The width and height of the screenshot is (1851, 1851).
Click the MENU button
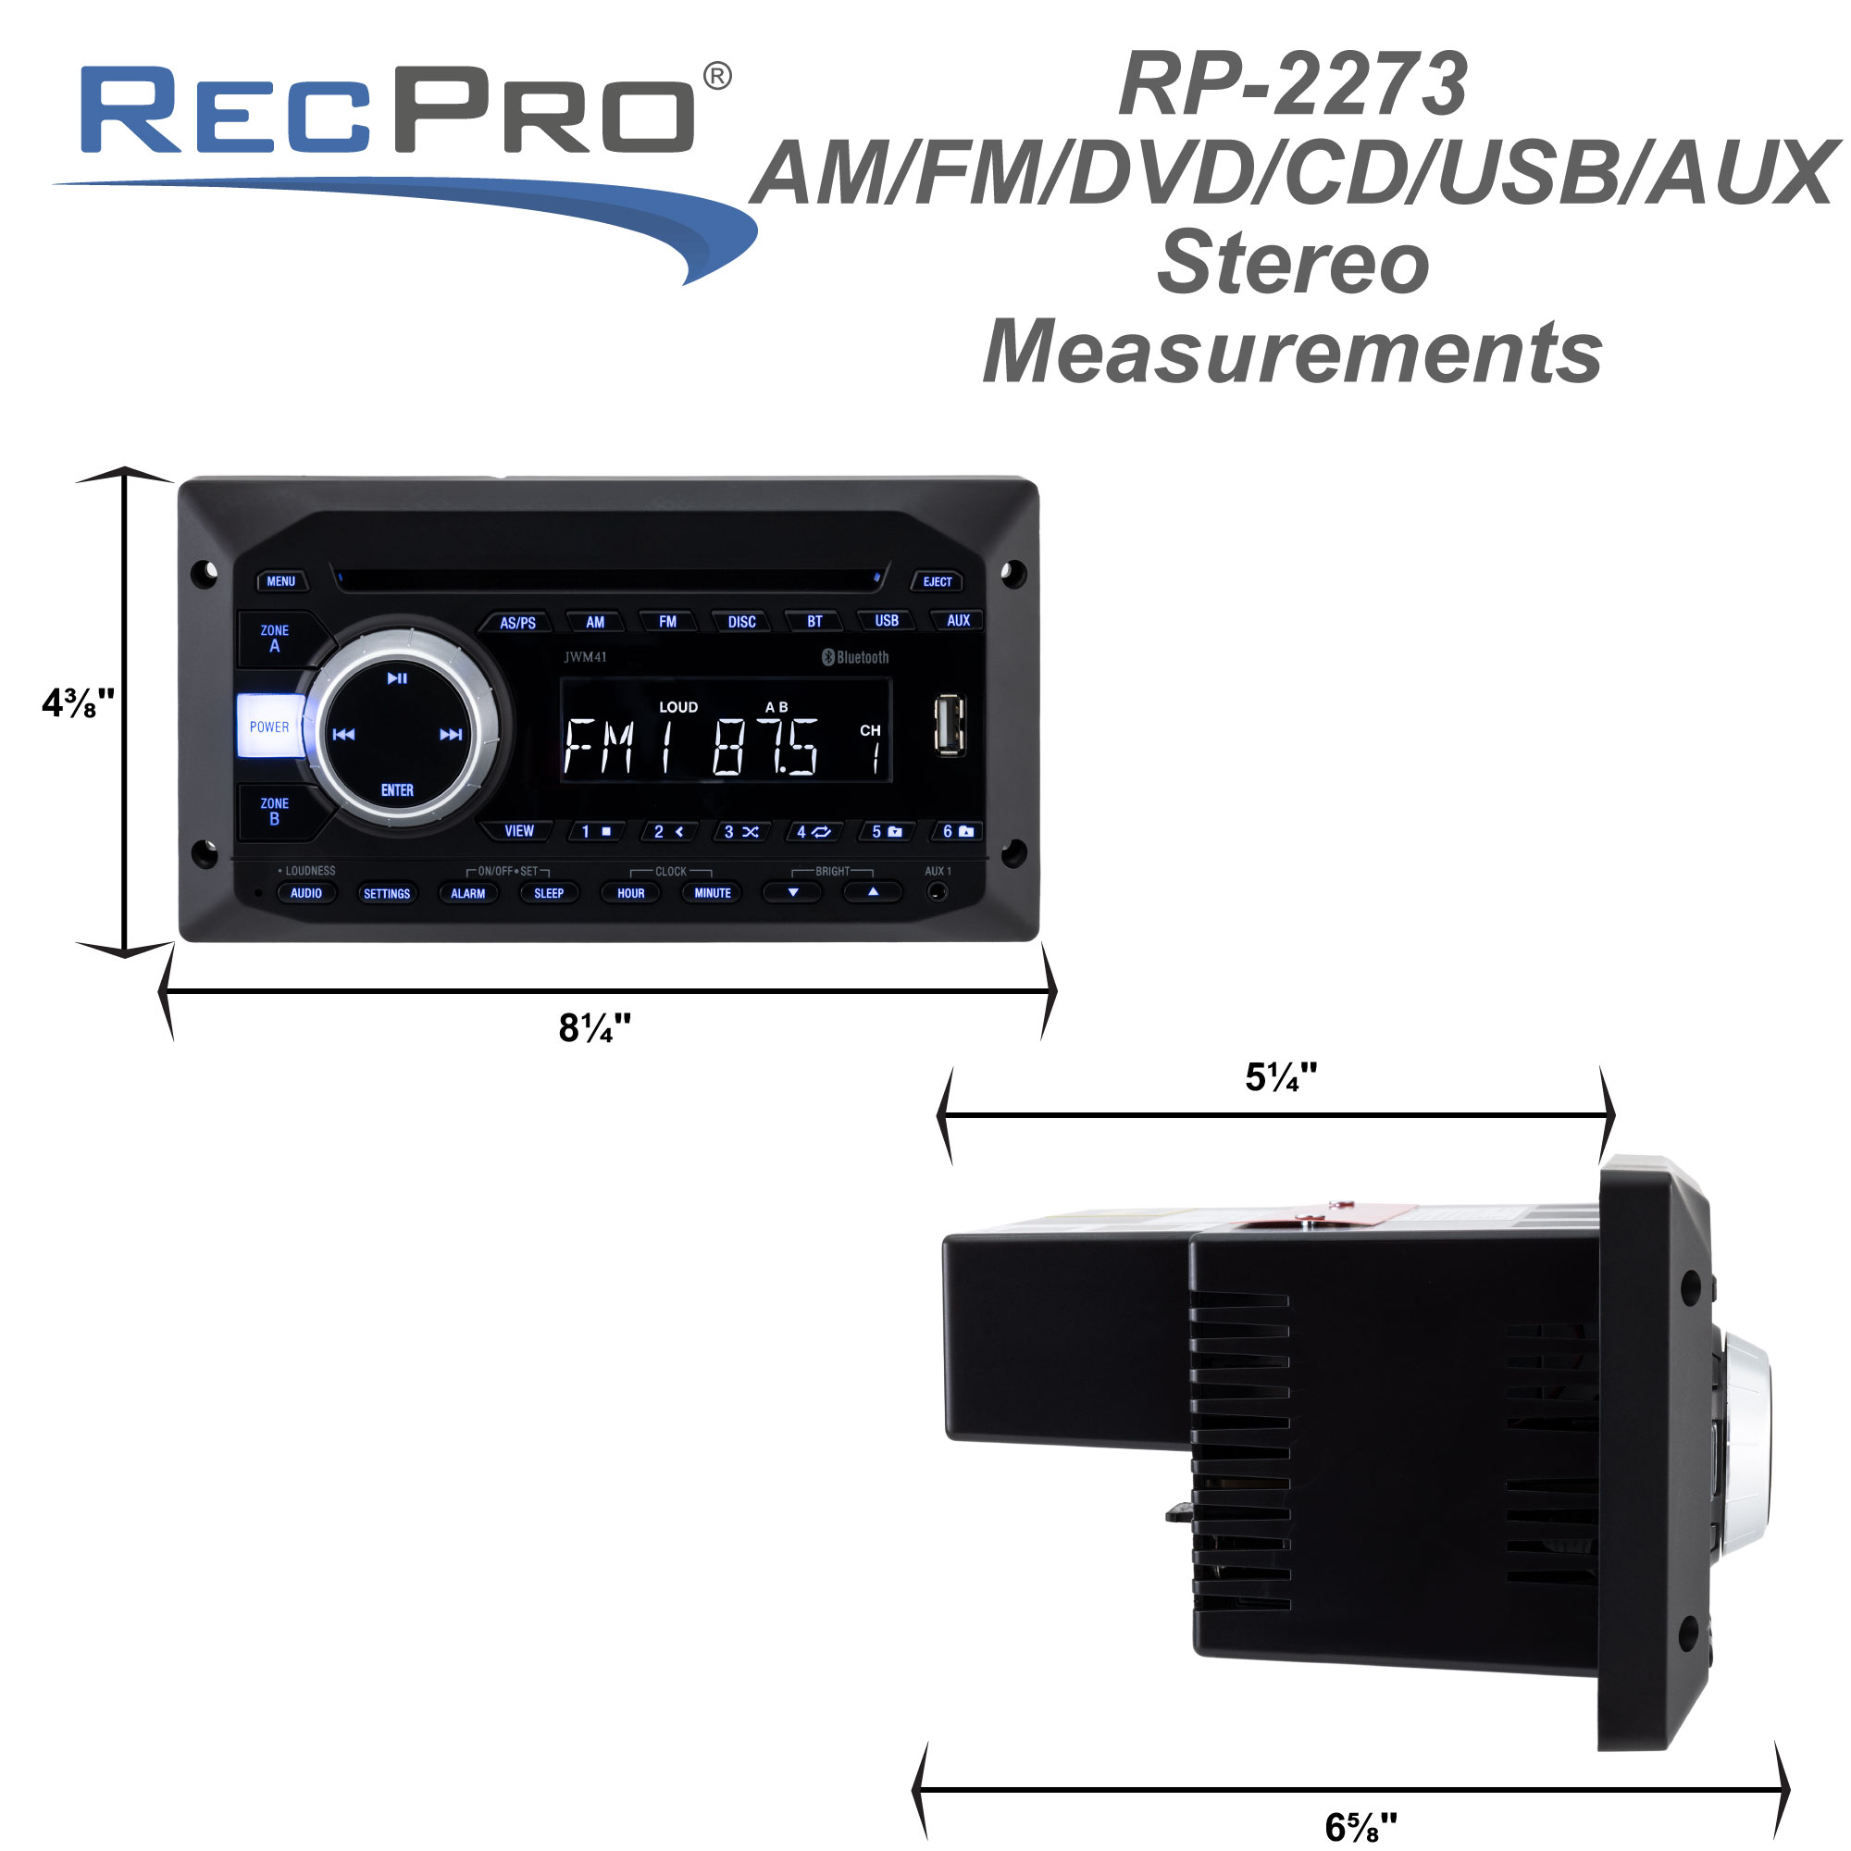click(x=280, y=581)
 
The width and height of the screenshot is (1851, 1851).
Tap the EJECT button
click(x=936, y=581)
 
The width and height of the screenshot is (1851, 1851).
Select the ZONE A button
click(x=275, y=638)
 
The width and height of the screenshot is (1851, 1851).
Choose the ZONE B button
click(x=275, y=812)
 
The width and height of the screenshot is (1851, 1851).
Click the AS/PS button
click(x=517, y=623)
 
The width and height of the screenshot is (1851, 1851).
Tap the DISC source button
click(x=741, y=622)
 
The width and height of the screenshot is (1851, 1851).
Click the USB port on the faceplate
click(x=950, y=726)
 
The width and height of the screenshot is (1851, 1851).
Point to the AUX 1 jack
click(x=938, y=892)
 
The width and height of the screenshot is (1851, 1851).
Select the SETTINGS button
click(x=387, y=893)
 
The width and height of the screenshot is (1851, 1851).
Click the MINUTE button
click(x=712, y=893)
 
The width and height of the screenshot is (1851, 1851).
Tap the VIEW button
click(x=519, y=831)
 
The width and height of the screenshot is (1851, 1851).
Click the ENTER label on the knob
click(x=398, y=790)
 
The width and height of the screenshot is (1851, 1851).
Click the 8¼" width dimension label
click(x=595, y=1028)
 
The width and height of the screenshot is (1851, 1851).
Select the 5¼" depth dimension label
click(x=1281, y=1078)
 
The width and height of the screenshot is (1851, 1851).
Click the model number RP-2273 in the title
click(x=1292, y=84)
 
